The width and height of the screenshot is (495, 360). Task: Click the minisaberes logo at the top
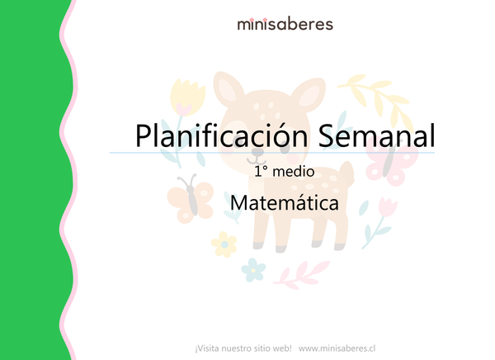click(285, 24)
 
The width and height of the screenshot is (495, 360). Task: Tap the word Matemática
click(285, 202)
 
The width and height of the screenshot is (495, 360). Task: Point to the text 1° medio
click(285, 173)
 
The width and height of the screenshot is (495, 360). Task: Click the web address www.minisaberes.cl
click(337, 348)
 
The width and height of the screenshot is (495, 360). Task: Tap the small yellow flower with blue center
click(223, 244)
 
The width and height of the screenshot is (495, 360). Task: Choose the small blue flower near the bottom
click(255, 268)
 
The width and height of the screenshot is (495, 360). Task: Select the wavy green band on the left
click(33, 180)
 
